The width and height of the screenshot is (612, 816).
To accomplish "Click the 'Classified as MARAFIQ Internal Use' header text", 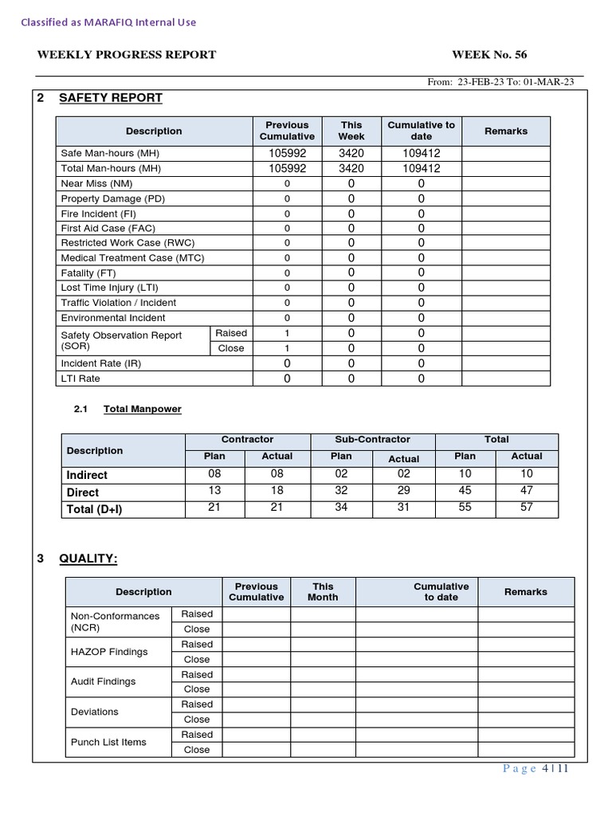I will [108, 22].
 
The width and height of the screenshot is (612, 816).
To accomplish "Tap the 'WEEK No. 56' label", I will [488, 55].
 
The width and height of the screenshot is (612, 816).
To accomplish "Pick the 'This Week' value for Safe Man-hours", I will [351, 153].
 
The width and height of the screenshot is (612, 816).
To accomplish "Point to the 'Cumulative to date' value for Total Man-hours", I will [421, 168].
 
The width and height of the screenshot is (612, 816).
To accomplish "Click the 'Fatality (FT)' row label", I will [89, 273].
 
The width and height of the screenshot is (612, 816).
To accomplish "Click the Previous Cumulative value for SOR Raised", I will [287, 333].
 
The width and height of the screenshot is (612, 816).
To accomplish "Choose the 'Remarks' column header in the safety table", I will [505, 131].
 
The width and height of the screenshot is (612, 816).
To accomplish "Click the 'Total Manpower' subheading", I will [143, 409].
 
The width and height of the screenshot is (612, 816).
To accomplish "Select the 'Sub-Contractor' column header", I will [372, 439].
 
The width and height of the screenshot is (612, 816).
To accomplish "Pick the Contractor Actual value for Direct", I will [277, 491].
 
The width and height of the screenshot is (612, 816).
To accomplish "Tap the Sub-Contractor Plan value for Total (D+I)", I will [341, 508].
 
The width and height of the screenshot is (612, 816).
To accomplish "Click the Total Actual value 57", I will [526, 508].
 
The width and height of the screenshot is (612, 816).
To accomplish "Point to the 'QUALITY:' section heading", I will [88, 559].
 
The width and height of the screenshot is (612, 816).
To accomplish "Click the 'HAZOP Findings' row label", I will [109, 652].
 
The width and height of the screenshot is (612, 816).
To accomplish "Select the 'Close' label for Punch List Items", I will [197, 750].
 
